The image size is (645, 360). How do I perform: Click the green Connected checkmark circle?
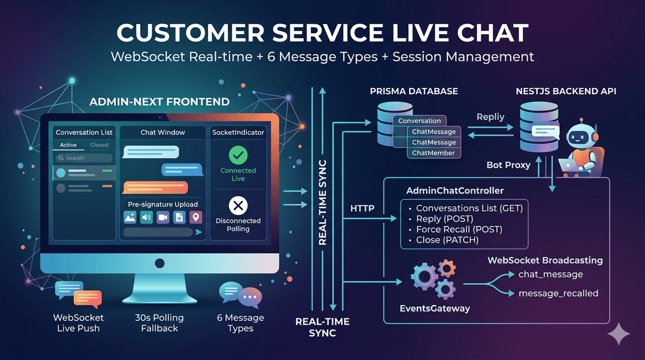[238, 155]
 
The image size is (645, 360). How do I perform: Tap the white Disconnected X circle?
[238, 206]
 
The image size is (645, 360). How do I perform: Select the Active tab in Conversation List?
[68, 145]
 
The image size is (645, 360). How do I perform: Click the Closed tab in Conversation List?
[99, 145]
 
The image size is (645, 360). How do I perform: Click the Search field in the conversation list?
[84, 158]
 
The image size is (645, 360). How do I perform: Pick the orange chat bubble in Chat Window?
[155, 188]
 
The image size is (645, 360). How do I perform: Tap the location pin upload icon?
[196, 217]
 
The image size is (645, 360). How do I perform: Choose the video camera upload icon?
[163, 217]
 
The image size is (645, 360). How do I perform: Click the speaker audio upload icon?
[146, 217]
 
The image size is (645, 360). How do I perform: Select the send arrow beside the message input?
[199, 232]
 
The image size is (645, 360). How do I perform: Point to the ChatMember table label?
[433, 153]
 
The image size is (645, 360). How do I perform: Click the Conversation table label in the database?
[420, 121]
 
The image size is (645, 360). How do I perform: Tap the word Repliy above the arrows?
[490, 117]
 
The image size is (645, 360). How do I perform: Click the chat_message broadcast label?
[551, 274]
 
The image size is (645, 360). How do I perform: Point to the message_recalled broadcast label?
[558, 293]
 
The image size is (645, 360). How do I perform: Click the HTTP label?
[362, 208]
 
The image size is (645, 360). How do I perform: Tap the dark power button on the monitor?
[160, 263]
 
